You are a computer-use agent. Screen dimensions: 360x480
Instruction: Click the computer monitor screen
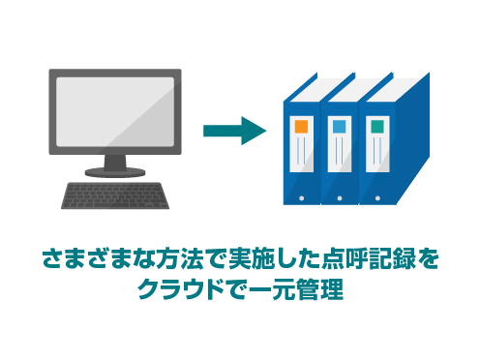tap(115, 115)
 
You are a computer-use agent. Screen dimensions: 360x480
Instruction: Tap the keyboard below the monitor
tap(115, 195)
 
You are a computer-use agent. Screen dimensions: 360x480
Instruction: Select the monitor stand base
tap(115, 171)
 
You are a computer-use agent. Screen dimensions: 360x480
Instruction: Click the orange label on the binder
tap(300, 127)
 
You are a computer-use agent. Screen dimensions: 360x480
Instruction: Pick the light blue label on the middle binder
tap(339, 127)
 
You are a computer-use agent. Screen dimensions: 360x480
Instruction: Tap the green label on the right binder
tap(376, 127)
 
